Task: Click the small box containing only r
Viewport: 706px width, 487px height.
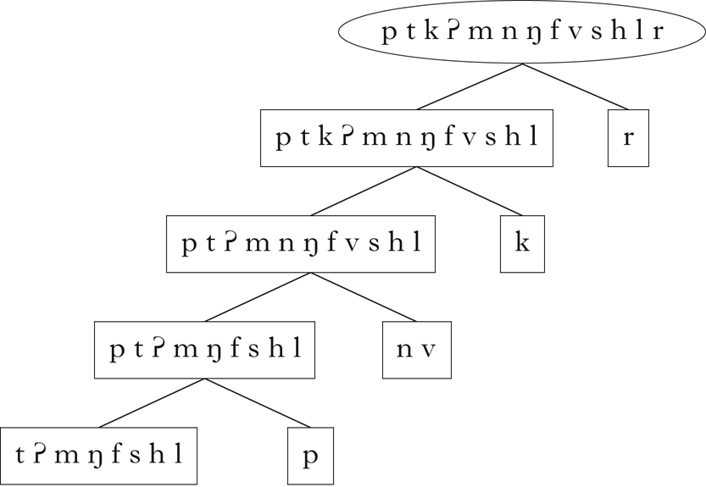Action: point(628,138)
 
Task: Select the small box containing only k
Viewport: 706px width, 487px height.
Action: point(522,244)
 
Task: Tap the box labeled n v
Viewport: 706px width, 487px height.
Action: point(416,350)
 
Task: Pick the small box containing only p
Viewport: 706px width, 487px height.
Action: point(309,456)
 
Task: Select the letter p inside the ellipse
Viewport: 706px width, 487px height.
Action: point(389,35)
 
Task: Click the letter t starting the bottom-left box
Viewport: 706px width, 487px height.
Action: point(20,456)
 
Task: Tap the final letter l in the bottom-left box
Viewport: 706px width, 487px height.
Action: point(179,455)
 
